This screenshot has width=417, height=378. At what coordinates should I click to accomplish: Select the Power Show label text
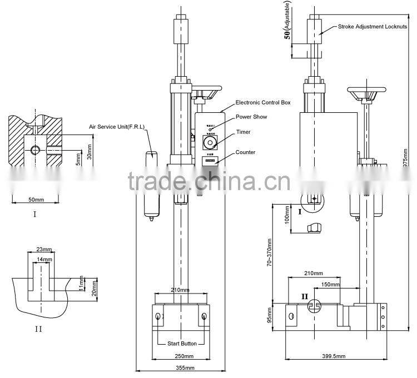[x=251, y=117]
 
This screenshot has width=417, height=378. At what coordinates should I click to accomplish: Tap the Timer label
[x=243, y=132]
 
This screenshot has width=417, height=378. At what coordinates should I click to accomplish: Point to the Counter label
[x=245, y=152]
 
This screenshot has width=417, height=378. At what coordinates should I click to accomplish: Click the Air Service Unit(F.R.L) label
[x=116, y=127]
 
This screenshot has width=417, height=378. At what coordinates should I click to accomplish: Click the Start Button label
[x=182, y=344]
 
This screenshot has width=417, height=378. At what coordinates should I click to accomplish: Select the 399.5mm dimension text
[x=333, y=356]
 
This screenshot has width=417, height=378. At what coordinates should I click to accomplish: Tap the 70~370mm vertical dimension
[x=269, y=252]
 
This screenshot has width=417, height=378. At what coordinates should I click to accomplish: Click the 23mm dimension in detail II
[x=41, y=250]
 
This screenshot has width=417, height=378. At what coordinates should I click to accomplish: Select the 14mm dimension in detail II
[x=44, y=259]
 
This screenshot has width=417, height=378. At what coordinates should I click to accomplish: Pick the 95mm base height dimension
[x=270, y=314]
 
